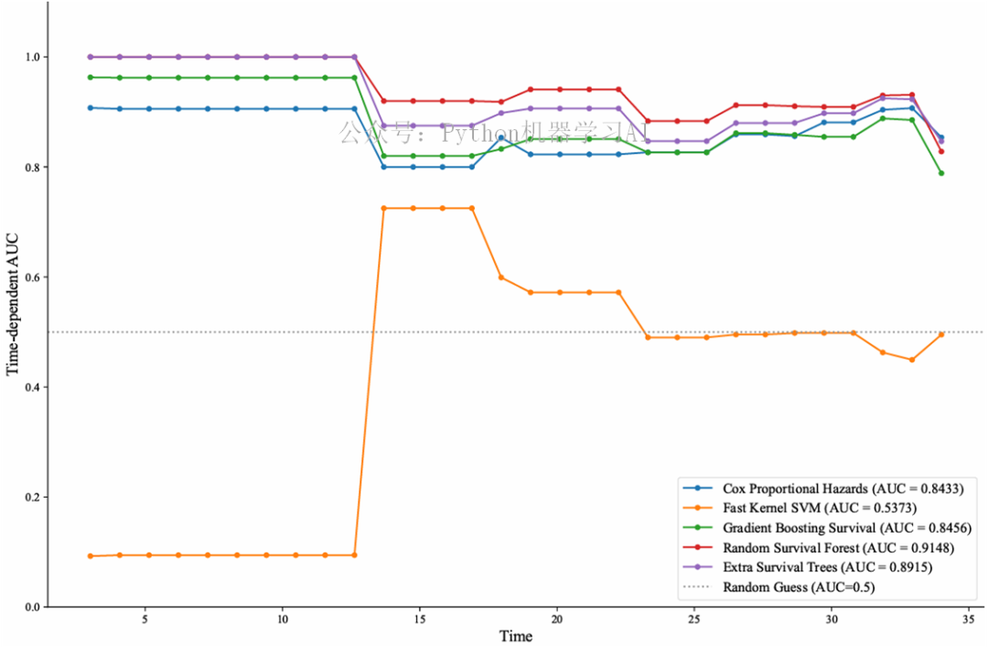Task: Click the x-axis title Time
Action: point(515,636)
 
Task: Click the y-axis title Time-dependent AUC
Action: point(14,304)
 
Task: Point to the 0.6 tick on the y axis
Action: point(33,277)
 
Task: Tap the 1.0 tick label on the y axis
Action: point(33,57)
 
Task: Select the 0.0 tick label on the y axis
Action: point(33,607)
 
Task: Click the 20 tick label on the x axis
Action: point(556,620)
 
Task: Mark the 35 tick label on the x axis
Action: point(969,620)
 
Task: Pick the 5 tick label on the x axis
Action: point(145,620)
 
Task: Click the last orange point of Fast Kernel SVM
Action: point(941,334)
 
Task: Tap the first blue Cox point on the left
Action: point(90,107)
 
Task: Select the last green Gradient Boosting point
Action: point(941,173)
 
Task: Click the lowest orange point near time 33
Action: point(912,360)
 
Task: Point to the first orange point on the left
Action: point(90,556)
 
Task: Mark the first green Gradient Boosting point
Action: point(90,77)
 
